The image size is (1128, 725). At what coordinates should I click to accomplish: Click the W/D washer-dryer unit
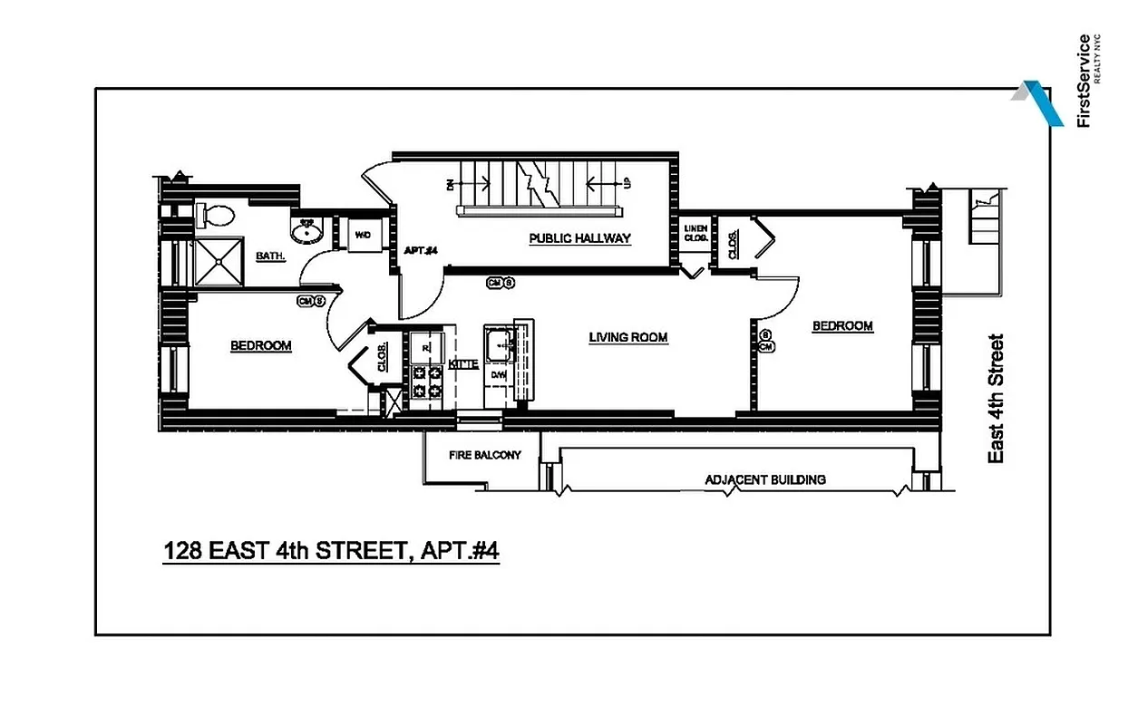pos(363,235)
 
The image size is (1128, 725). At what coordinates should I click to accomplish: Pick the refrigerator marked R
pos(425,345)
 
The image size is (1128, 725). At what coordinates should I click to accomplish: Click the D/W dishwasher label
pos(497,373)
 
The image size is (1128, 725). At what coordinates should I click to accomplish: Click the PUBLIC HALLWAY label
pos(579,238)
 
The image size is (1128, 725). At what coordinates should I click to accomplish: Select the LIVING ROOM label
pos(627,337)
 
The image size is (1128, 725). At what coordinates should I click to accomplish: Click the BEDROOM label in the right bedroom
pos(841,326)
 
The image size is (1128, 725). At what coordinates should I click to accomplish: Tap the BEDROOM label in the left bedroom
pos(260,345)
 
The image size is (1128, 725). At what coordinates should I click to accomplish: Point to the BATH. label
pos(270,256)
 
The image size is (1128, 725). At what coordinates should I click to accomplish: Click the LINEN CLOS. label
pos(695,232)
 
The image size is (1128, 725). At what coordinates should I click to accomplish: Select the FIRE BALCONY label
pos(485,455)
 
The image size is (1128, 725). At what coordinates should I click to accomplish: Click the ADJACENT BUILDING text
pos(764,479)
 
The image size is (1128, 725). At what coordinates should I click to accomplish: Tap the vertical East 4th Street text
pos(996,399)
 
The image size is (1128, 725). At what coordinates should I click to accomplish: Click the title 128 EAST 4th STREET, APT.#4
pos(331,551)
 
